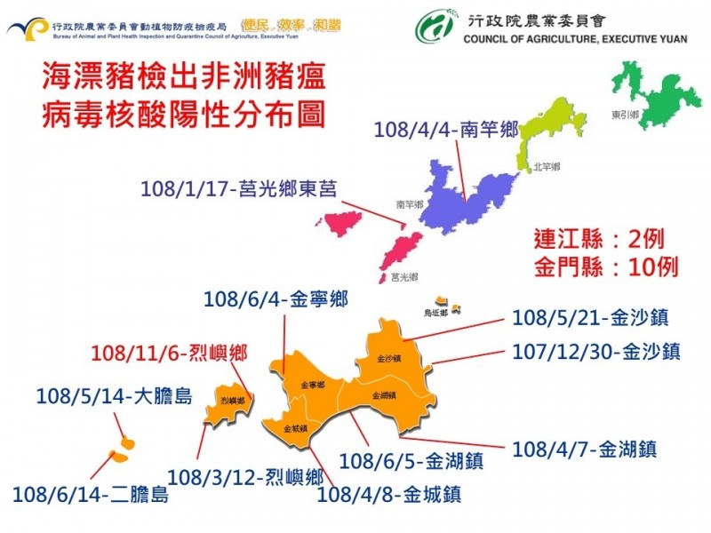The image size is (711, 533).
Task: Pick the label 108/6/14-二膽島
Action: [91, 494]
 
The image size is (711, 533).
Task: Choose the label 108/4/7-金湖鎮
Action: [584, 449]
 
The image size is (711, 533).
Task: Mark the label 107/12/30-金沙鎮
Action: [596, 352]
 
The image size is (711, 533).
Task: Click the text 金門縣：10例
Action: [607, 266]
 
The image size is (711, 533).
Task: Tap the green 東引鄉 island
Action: [662, 98]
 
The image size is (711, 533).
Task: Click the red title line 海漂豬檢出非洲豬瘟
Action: [177, 78]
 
